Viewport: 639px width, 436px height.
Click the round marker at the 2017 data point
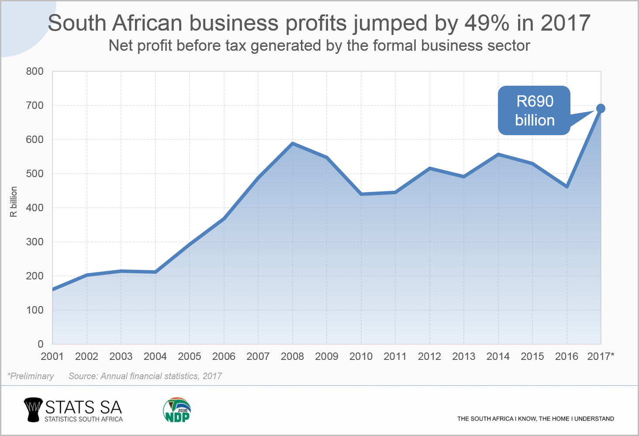click(x=601, y=108)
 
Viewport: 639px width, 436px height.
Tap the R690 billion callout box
click(x=534, y=111)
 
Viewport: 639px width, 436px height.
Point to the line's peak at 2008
click(x=293, y=143)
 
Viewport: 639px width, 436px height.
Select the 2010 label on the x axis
click(x=361, y=356)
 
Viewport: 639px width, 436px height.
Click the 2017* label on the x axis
click(x=601, y=356)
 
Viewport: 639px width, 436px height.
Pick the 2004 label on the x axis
click(x=155, y=356)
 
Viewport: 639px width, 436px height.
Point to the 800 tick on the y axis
click(x=35, y=71)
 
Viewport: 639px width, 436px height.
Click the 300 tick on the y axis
click(x=35, y=242)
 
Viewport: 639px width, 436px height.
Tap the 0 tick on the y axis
click(x=40, y=344)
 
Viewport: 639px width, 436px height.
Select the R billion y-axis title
click(x=14, y=202)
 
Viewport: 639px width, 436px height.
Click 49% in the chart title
click(x=487, y=23)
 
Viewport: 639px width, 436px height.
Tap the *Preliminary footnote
click(x=31, y=376)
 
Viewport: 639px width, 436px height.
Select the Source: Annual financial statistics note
click(x=145, y=376)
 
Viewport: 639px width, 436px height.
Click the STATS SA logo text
click(x=83, y=408)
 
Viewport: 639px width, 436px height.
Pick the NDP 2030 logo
click(x=177, y=410)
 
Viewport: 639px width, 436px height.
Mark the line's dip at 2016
click(x=567, y=187)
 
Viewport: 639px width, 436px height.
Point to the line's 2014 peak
click(x=498, y=154)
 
